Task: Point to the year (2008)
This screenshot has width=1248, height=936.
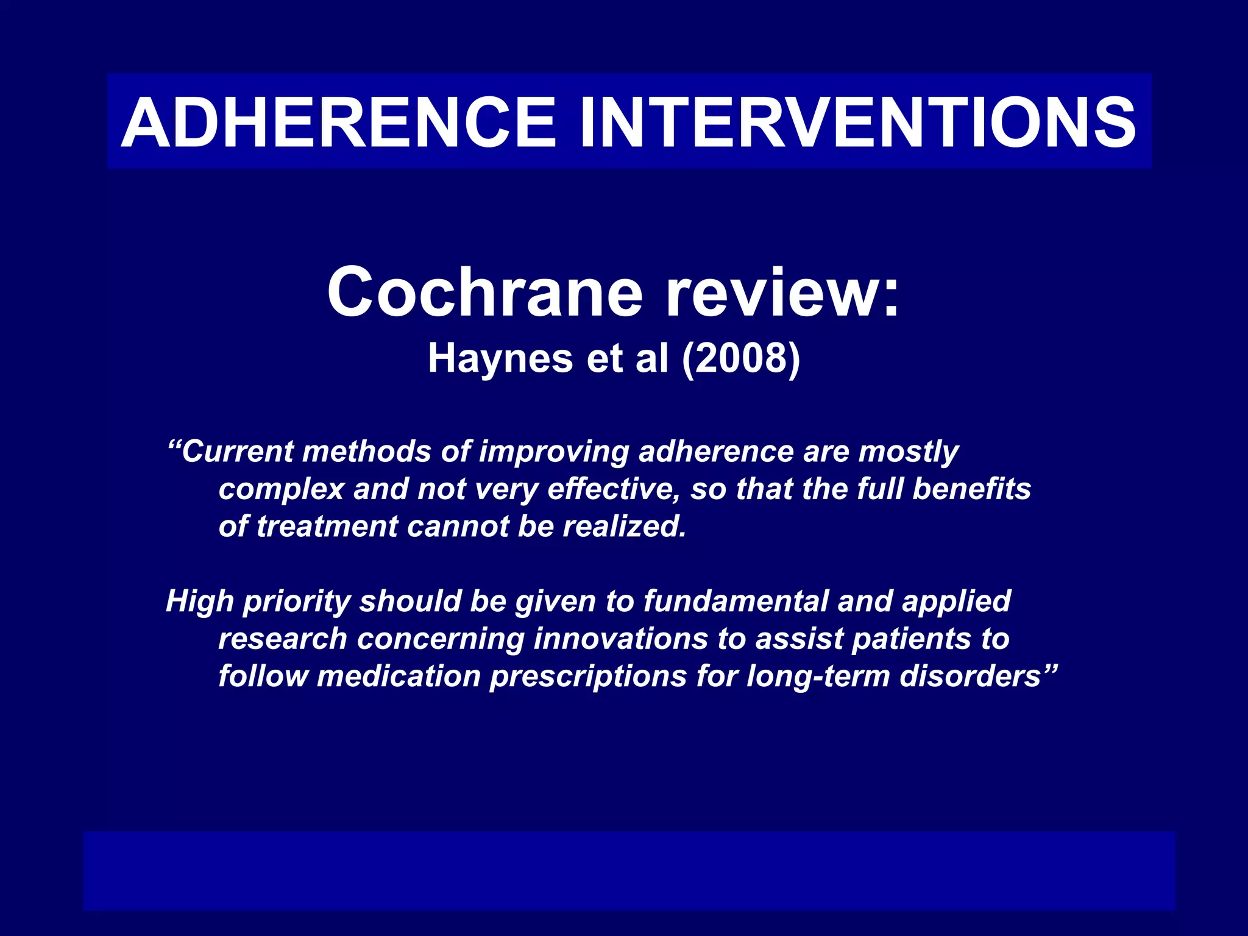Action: (740, 358)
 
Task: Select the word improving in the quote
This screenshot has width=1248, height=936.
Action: (554, 453)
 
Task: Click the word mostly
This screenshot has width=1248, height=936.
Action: (909, 453)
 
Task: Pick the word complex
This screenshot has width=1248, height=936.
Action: (282, 490)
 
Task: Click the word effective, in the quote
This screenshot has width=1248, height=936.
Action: (614, 489)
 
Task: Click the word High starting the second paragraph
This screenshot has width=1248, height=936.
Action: (200, 602)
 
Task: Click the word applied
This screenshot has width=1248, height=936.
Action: (957, 602)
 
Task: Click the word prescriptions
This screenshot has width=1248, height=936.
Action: (589, 677)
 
